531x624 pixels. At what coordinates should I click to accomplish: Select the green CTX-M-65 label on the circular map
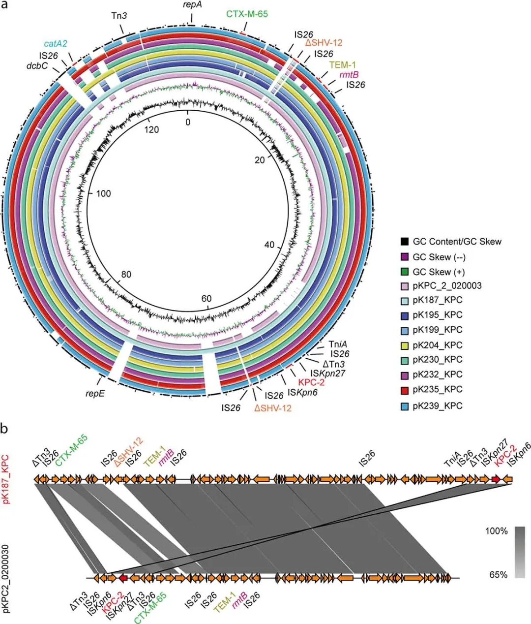pos(247,14)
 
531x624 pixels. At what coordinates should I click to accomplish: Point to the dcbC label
pos(37,65)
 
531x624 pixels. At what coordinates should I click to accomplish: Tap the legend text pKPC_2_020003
pos(447,285)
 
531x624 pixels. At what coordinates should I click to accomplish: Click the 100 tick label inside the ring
pos(103,193)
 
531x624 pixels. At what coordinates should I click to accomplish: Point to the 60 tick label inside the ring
pos(206,299)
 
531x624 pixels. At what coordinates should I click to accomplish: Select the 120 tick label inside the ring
pos(151,129)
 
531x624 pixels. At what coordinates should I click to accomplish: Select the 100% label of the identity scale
pos(497,531)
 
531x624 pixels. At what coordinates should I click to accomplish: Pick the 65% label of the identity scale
pos(498,574)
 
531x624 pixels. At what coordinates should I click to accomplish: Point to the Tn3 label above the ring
pos(119,16)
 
